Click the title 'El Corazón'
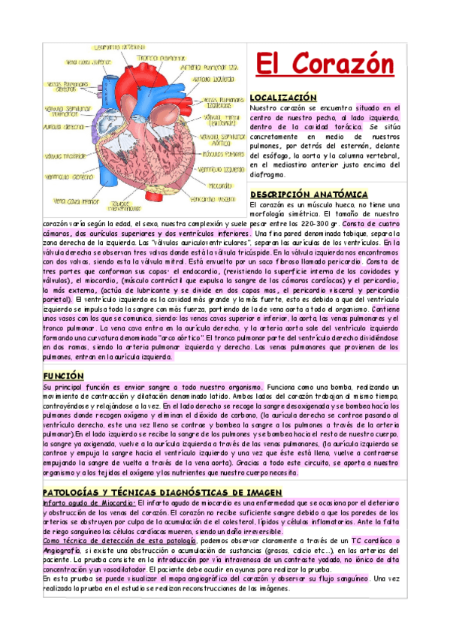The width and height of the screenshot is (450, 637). pos(321,65)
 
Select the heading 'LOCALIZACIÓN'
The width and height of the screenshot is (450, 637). pos(283,98)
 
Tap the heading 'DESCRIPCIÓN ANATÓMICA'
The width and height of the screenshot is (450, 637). pos(309,194)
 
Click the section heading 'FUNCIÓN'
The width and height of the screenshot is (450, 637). pos(63,375)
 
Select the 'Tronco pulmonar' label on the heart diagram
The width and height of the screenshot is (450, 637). pos(160,58)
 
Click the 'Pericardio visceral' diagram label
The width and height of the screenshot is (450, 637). pos(213,199)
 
